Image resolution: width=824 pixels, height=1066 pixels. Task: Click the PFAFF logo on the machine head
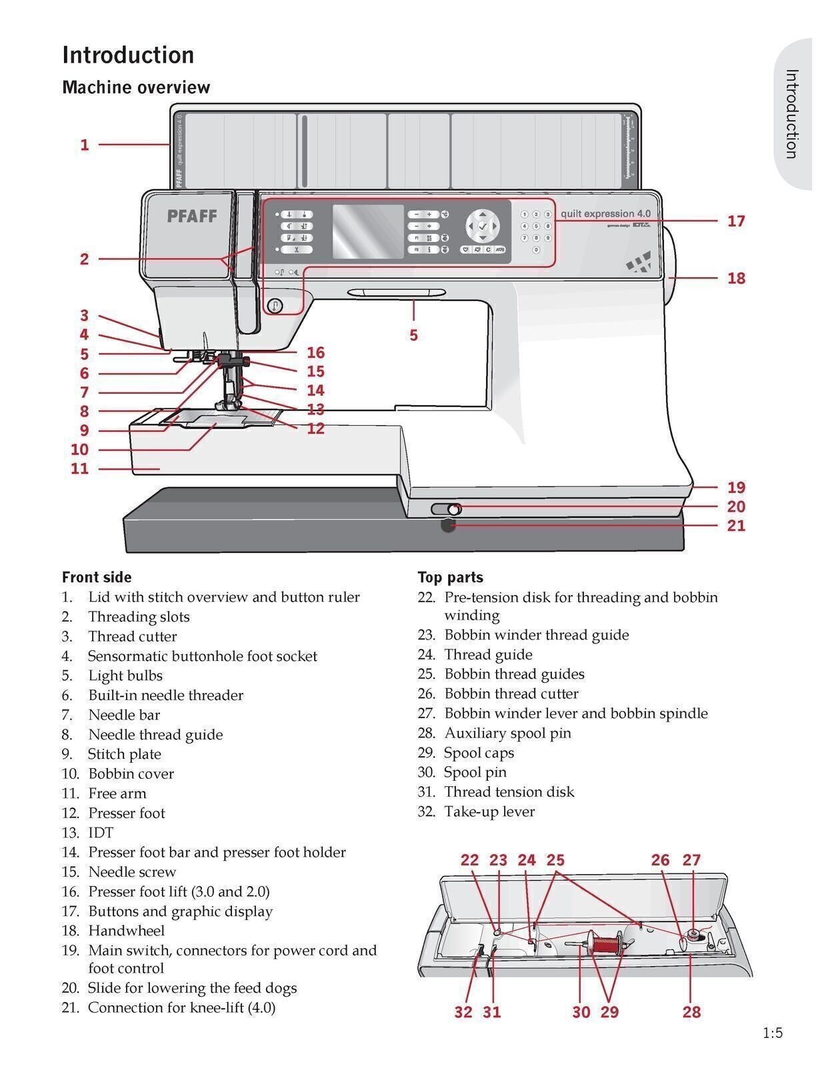tap(191, 215)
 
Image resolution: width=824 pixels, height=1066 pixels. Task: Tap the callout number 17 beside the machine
tap(735, 221)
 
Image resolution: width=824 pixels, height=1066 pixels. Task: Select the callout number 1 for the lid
tap(85, 145)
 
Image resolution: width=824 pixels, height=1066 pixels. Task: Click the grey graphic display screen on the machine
tap(367, 232)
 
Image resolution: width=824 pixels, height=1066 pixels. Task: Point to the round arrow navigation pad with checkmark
tap(483, 227)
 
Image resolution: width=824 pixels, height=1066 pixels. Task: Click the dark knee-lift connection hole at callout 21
tap(448, 526)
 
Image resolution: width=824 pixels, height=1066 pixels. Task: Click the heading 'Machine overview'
tap(136, 87)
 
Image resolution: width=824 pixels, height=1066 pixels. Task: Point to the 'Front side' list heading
tap(97, 577)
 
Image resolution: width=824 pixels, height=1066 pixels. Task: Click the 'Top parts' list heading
tap(450, 577)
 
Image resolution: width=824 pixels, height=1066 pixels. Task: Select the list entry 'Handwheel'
tap(126, 931)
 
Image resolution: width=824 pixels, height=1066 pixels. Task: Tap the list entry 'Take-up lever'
tap(489, 811)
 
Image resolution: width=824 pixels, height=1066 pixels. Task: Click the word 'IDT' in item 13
tap(101, 833)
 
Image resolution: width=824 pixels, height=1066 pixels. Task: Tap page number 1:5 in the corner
tap(773, 1033)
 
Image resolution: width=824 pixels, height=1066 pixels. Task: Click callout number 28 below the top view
tap(691, 1012)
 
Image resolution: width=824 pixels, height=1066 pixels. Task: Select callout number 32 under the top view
tap(463, 1012)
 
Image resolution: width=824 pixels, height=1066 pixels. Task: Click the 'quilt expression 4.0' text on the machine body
tap(605, 214)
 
